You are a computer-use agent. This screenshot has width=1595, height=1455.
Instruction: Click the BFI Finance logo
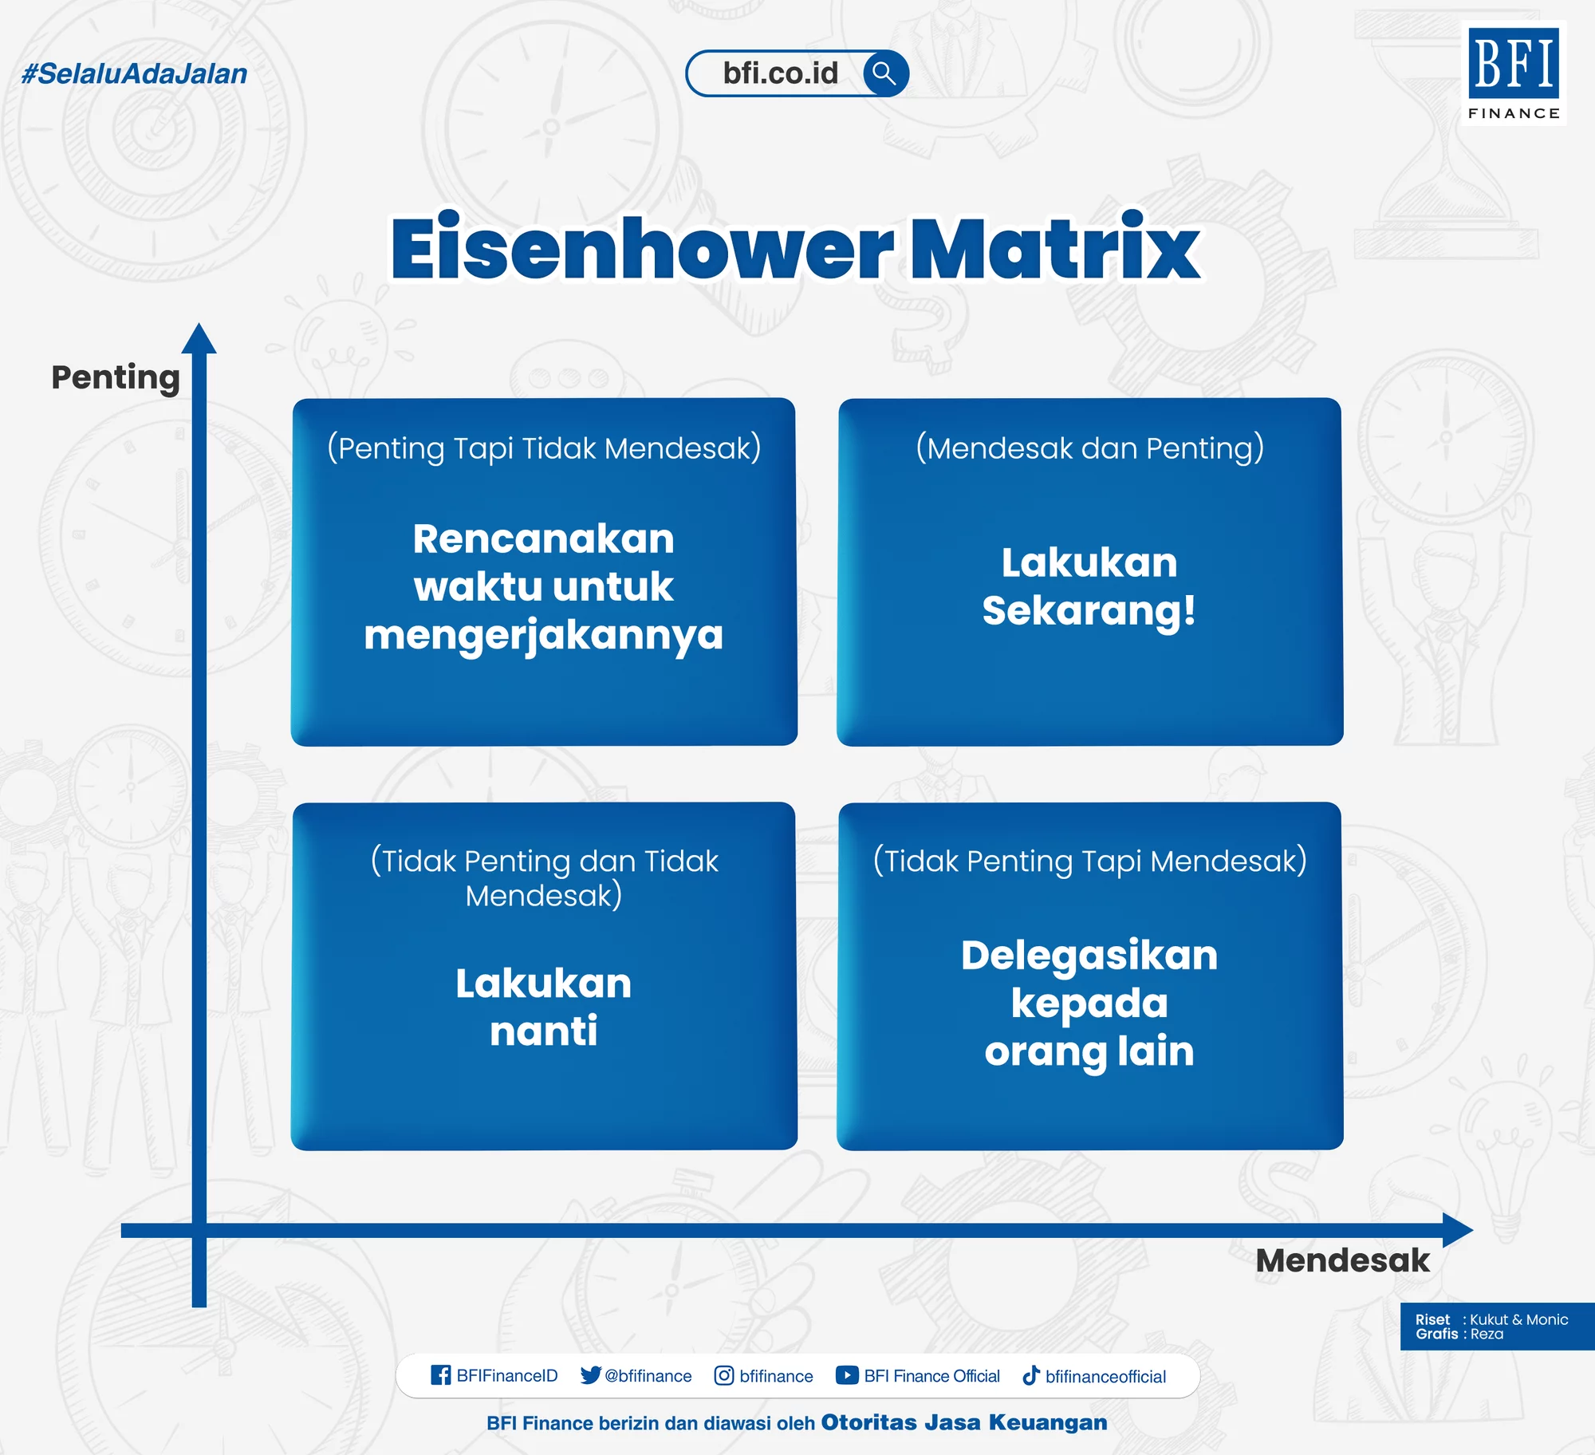click(x=1513, y=73)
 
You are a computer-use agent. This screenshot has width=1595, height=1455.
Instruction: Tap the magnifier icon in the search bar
click(x=884, y=73)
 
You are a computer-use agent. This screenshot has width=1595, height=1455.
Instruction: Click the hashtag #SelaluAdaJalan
click(x=134, y=73)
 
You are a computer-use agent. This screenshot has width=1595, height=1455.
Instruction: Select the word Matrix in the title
click(x=1054, y=249)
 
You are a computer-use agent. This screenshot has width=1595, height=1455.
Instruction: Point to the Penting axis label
click(x=116, y=377)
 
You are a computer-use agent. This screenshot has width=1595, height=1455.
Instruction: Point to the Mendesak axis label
click(x=1342, y=1261)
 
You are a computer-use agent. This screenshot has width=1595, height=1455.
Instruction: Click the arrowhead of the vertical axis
click(x=199, y=340)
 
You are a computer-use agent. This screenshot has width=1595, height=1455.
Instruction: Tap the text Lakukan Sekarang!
click(x=1089, y=586)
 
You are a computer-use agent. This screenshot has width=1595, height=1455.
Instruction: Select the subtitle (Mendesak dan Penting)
click(x=1089, y=448)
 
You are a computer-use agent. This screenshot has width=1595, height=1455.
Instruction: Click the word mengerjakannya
click(x=543, y=636)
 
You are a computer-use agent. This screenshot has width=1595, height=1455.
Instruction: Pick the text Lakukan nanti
click(x=543, y=1007)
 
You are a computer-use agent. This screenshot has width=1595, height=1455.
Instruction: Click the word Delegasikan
click(x=1089, y=956)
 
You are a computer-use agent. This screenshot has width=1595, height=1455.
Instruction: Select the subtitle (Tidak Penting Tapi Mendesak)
click(x=1089, y=862)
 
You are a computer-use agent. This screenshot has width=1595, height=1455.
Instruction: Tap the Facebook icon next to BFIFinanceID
click(x=440, y=1375)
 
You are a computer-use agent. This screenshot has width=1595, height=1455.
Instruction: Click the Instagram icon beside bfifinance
click(x=723, y=1375)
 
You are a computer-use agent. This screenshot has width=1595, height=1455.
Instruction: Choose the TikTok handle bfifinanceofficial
click(x=1105, y=1376)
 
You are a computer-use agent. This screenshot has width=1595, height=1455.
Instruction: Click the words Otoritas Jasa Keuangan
click(x=963, y=1422)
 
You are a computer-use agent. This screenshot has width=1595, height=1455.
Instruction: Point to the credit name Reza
click(x=1487, y=1335)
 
